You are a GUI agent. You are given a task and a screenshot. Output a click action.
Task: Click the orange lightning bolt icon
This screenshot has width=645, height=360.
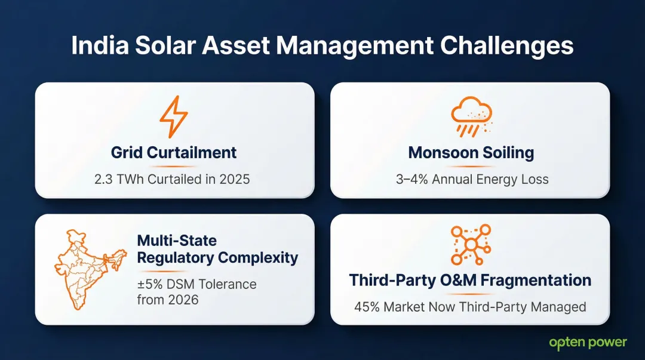[174, 117]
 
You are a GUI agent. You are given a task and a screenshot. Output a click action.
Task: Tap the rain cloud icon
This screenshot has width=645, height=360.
[471, 117]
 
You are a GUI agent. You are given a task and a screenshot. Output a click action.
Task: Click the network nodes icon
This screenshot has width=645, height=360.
[470, 245]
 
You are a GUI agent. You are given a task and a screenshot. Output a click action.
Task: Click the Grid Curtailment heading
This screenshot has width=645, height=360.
[174, 152]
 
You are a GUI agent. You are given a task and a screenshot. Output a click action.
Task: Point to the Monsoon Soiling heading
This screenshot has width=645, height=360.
[471, 152]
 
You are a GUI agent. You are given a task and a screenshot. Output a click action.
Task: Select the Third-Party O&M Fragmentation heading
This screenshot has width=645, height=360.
[470, 280]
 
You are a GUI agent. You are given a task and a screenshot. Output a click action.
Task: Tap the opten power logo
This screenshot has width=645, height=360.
[588, 343]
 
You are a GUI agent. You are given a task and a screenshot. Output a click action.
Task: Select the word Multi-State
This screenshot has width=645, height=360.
[177, 241]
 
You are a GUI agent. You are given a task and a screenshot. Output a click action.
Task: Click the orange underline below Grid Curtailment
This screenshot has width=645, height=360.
[173, 167]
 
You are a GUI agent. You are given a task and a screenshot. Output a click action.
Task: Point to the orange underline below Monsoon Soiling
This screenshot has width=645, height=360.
[471, 167]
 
